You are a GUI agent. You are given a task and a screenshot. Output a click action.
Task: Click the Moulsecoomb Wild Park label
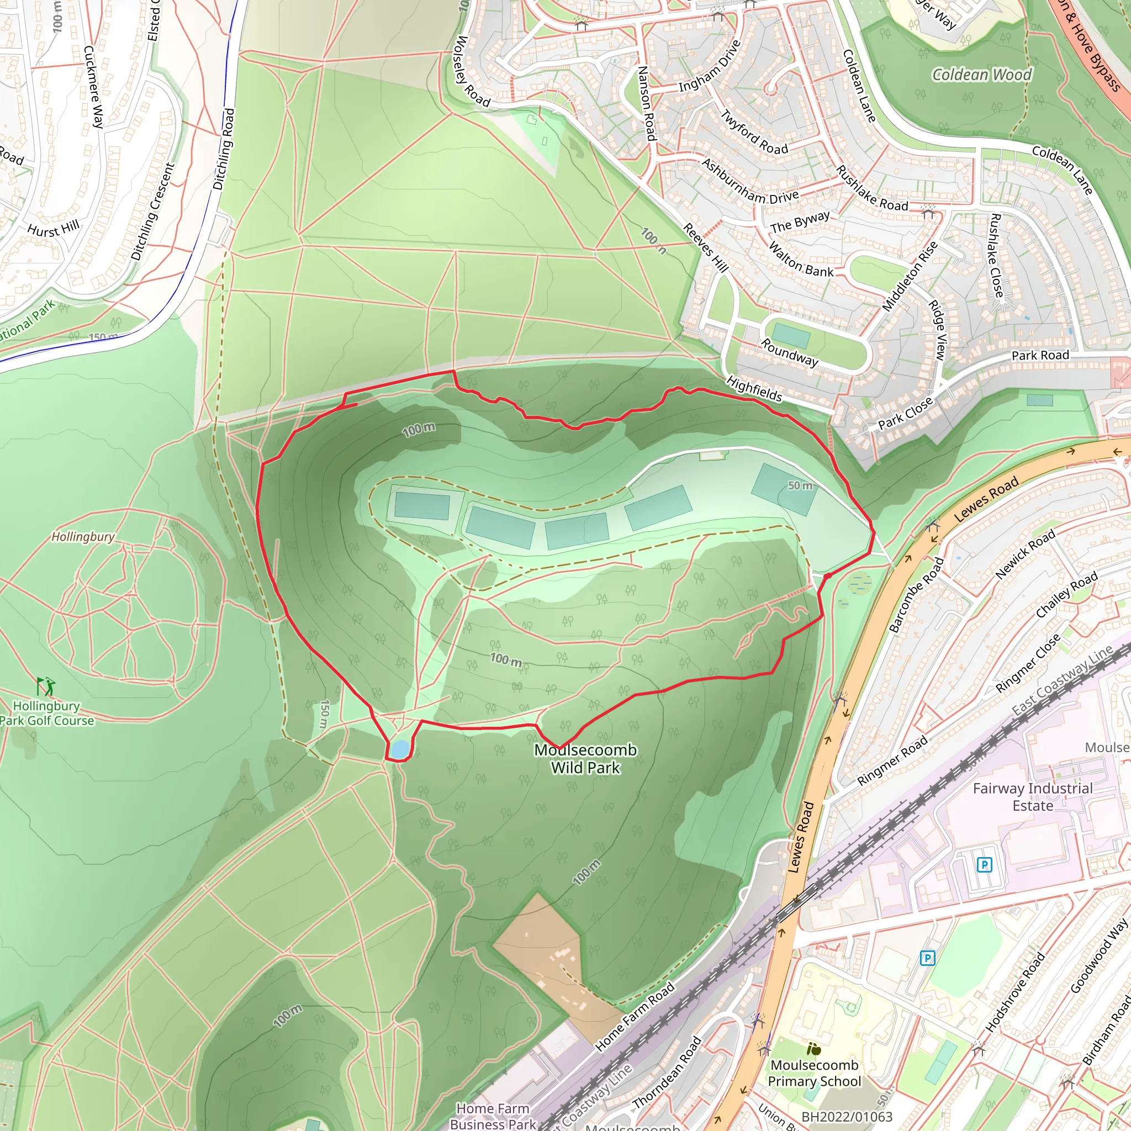585,758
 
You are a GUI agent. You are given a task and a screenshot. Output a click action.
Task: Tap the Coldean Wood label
982,75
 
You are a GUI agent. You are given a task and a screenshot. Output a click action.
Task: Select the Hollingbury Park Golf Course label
47,713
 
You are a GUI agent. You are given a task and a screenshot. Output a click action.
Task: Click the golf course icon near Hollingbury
46,685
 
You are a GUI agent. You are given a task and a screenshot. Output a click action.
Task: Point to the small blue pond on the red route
399,749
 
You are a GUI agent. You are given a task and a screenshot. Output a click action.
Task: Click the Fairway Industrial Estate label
1033,797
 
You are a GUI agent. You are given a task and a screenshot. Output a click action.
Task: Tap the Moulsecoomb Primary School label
815,1073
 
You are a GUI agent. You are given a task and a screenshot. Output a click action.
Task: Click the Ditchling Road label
224,149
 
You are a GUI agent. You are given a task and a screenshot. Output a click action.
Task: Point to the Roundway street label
789,352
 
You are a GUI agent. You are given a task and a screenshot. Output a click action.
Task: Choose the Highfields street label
754,389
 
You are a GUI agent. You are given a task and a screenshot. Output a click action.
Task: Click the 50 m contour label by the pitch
800,486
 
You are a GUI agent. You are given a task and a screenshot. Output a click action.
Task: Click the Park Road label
1040,355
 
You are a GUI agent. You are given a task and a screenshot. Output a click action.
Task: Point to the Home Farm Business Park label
493,1116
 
